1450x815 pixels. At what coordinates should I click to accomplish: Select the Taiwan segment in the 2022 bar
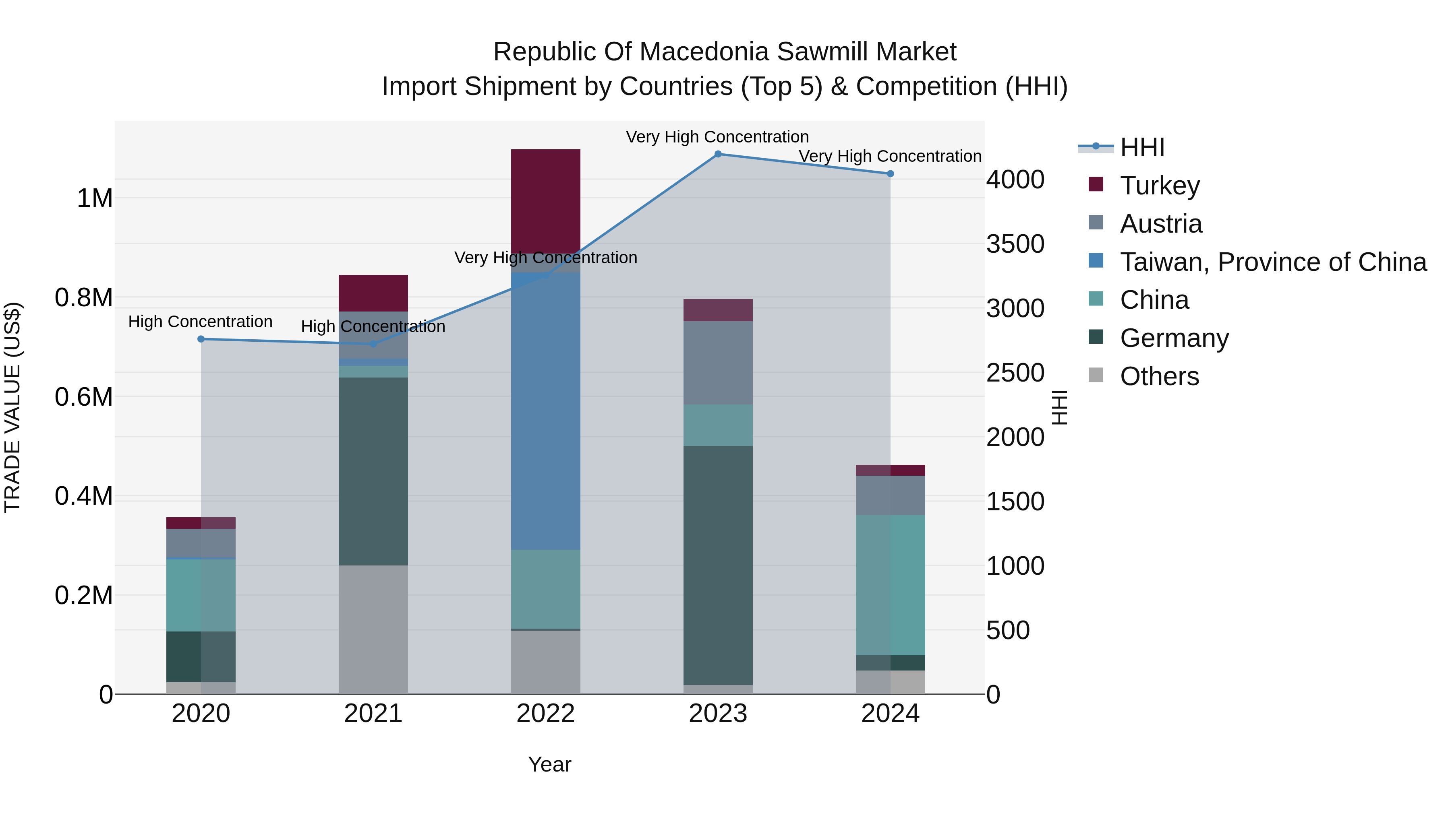pyautogui.click(x=545, y=411)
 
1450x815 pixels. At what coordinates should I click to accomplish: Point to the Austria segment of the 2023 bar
pyautogui.click(x=718, y=362)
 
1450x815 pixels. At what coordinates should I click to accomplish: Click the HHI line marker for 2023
pyautogui.click(x=718, y=154)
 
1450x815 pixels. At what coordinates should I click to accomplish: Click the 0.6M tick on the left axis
pyautogui.click(x=84, y=397)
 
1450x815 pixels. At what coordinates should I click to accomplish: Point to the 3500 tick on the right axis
pyautogui.click(x=1015, y=244)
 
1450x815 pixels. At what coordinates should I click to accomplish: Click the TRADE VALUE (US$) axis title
pyautogui.click(x=12, y=407)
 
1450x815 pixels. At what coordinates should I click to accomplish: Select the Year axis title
pyautogui.click(x=549, y=764)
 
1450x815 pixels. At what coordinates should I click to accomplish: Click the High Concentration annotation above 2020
pyautogui.click(x=201, y=322)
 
